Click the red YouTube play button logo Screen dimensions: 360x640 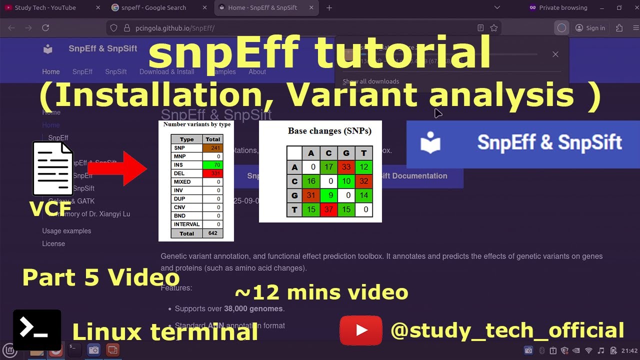tap(360, 330)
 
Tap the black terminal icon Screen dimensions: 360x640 tap(37, 329)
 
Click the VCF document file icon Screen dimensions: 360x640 tap(53, 168)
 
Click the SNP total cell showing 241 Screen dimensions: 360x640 tap(212, 148)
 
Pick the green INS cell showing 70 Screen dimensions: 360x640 tap(212, 165)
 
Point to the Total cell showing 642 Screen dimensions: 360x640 tap(212, 233)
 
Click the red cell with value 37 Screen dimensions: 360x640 tap(329, 209)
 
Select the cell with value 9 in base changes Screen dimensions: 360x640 tap(329, 195)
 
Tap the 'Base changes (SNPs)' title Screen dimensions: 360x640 tap(329, 131)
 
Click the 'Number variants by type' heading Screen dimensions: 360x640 tap(197, 124)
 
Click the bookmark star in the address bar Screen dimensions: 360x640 tap(494, 28)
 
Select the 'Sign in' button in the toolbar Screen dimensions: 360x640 tap(590, 28)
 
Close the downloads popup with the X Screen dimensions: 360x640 tap(555, 54)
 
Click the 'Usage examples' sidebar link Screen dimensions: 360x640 tap(66, 231)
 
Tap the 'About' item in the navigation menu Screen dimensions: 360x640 tap(257, 71)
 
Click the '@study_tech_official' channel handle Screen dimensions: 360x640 tap(507, 331)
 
